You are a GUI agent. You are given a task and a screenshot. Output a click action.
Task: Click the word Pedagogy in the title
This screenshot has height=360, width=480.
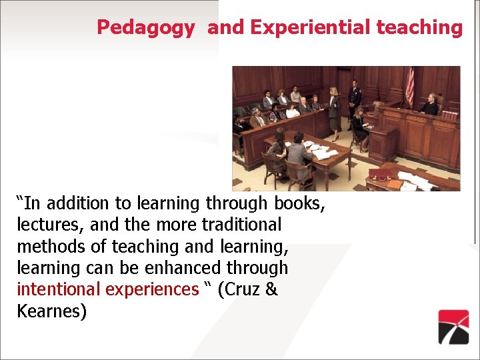tap(146, 27)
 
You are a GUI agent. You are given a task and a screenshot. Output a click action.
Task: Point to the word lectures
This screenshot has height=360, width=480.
tap(47, 225)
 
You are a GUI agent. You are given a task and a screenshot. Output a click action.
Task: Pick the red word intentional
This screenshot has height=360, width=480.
tap(60, 289)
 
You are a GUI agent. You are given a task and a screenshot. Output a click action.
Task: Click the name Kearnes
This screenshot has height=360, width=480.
tap(52, 311)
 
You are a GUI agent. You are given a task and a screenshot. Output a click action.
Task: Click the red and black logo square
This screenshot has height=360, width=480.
tap(453, 326)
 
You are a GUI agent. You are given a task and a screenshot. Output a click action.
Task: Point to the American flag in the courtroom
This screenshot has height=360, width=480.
tap(409, 86)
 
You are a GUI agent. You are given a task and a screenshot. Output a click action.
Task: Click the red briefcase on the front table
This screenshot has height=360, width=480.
tap(381, 175)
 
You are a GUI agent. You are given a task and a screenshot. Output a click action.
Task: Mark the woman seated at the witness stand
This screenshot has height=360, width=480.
tap(360, 123)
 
